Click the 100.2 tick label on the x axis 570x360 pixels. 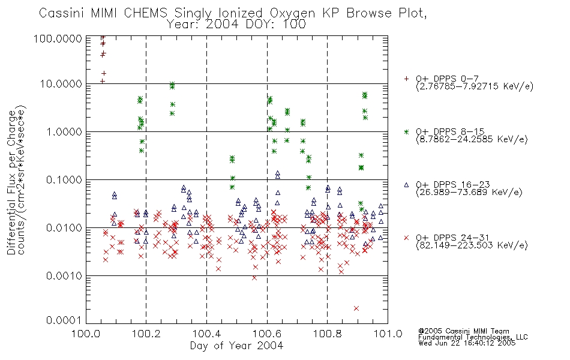pyautogui.click(x=146, y=334)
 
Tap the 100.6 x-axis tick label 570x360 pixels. pyautogui.click(x=267, y=334)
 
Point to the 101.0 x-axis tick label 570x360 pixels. pyautogui.click(x=388, y=334)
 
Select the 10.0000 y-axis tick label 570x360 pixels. pyautogui.click(x=61, y=84)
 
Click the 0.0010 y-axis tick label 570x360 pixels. pyautogui.click(x=64, y=276)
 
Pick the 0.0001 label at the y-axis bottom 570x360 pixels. pyautogui.click(x=64, y=320)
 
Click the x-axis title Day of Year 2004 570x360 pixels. pyautogui.click(x=236, y=346)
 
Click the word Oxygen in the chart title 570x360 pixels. pyautogui.click(x=293, y=13)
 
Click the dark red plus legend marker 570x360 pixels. pyautogui.click(x=406, y=79)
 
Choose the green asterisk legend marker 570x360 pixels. pyautogui.click(x=406, y=132)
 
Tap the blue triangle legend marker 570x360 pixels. pyautogui.click(x=406, y=185)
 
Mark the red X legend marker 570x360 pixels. pyautogui.click(x=406, y=238)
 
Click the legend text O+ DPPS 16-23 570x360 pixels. pyautogui.click(x=452, y=184)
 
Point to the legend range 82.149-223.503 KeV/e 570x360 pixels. pyautogui.click(x=472, y=245)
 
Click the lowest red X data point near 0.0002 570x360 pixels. pyautogui.click(x=356, y=308)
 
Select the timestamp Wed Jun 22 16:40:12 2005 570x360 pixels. pyautogui.click(x=467, y=343)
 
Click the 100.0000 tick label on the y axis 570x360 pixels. pyautogui.click(x=58, y=38)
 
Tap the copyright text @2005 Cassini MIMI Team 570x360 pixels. pyautogui.click(x=463, y=331)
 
